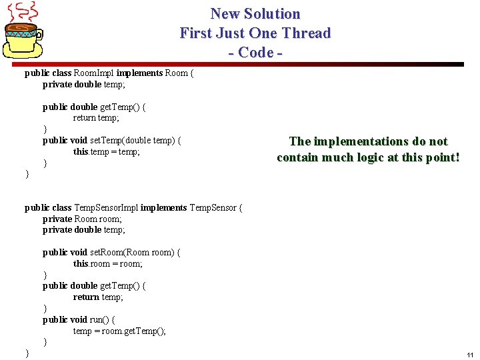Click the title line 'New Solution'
pyautogui.click(x=255, y=14)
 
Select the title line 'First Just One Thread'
pyautogui.click(x=255, y=33)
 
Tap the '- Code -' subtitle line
pyautogui.click(x=255, y=52)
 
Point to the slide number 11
pyautogui.click(x=470, y=355)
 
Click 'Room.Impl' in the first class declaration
pyautogui.click(x=94, y=73)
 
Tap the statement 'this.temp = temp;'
pyautogui.click(x=107, y=151)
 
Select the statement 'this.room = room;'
pyautogui.click(x=108, y=263)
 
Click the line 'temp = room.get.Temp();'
pyautogui.click(x=119, y=331)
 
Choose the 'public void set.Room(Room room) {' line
pyautogui.click(x=111, y=252)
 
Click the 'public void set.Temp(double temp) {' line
pyautogui.click(x=111, y=140)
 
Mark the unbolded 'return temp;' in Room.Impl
pyautogui.click(x=96, y=118)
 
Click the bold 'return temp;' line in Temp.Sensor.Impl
pyautogui.click(x=98, y=297)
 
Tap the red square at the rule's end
pyautogui.click(x=461, y=65)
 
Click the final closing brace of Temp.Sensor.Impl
pyautogui.click(x=27, y=353)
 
